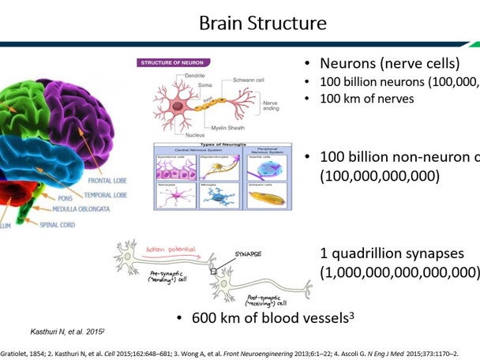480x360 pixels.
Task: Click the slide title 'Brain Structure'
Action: (x=262, y=23)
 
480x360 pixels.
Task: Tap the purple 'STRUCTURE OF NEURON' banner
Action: (x=174, y=62)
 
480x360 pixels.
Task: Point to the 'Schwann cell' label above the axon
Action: (x=238, y=81)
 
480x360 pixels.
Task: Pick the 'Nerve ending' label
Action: (x=271, y=105)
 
